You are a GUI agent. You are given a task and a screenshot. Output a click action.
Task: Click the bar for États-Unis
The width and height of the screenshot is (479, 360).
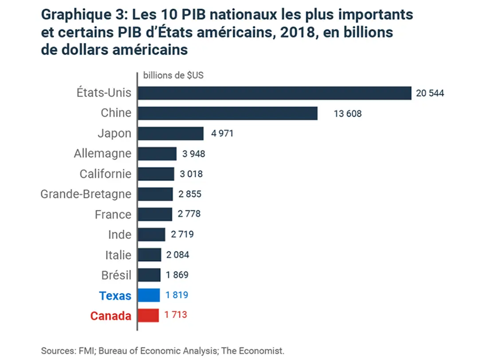pos(275,93)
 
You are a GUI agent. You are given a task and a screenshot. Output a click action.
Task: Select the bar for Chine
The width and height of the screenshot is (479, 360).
pos(228,113)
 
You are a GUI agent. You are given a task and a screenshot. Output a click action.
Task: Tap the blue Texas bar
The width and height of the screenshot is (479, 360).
pos(149,295)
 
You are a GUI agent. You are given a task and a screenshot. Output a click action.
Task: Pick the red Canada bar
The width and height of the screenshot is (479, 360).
pos(148,315)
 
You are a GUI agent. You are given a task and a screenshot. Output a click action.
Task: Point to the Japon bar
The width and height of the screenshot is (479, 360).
pos(170,134)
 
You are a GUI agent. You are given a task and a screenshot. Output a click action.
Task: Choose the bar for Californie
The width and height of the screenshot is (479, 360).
pos(156,174)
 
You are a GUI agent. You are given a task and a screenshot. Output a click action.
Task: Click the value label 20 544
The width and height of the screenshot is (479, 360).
pos(430,93)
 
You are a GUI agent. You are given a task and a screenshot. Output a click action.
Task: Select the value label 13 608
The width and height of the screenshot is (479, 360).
pos(348,114)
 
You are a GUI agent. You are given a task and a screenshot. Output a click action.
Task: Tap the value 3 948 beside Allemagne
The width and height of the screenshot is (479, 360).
pos(194,154)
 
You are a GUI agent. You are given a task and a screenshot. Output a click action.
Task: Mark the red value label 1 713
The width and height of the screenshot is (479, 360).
pos(176,315)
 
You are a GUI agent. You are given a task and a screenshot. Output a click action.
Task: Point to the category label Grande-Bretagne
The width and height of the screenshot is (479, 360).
pos(86,194)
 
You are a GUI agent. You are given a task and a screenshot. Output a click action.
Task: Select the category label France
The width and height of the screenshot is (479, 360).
pos(113,214)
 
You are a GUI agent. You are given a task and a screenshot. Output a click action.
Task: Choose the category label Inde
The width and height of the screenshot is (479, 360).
pos(120,234)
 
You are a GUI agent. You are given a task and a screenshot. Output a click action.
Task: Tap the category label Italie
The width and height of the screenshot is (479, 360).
pos(118,255)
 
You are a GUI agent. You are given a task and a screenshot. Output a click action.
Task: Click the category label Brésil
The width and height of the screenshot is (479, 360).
pos(116,275)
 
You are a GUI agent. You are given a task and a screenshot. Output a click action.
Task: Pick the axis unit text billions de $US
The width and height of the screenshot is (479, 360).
pos(173,75)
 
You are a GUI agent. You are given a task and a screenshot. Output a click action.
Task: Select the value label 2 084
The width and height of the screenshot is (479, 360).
pos(177,255)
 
